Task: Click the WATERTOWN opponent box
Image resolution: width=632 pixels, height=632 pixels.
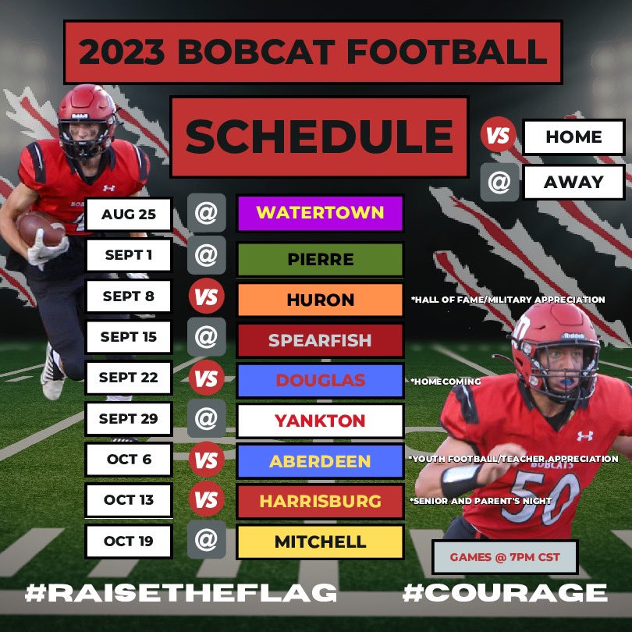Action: pyautogui.click(x=320, y=213)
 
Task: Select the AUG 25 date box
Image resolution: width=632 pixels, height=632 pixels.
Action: pyautogui.click(x=128, y=214)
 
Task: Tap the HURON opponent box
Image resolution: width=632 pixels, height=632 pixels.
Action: pyautogui.click(x=320, y=300)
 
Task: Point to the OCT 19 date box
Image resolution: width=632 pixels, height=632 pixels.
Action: pyautogui.click(x=128, y=541)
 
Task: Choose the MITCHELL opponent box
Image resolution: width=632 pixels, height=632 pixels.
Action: pyautogui.click(x=320, y=541)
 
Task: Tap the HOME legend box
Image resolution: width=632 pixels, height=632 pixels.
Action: pyautogui.click(x=573, y=137)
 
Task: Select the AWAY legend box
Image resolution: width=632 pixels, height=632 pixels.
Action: pyautogui.click(x=573, y=182)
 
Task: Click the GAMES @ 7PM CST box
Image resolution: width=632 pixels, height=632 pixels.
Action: pyautogui.click(x=504, y=557)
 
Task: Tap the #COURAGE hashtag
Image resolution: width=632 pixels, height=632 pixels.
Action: pyautogui.click(x=504, y=593)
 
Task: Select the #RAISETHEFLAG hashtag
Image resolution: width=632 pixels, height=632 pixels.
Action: pyautogui.click(x=181, y=593)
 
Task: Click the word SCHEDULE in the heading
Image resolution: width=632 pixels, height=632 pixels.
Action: pyautogui.click(x=319, y=136)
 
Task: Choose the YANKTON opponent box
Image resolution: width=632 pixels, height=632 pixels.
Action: pyautogui.click(x=320, y=421)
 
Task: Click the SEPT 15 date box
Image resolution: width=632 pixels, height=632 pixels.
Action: pyautogui.click(x=128, y=337)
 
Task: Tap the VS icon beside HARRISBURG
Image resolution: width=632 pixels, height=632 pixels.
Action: pyautogui.click(x=206, y=499)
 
